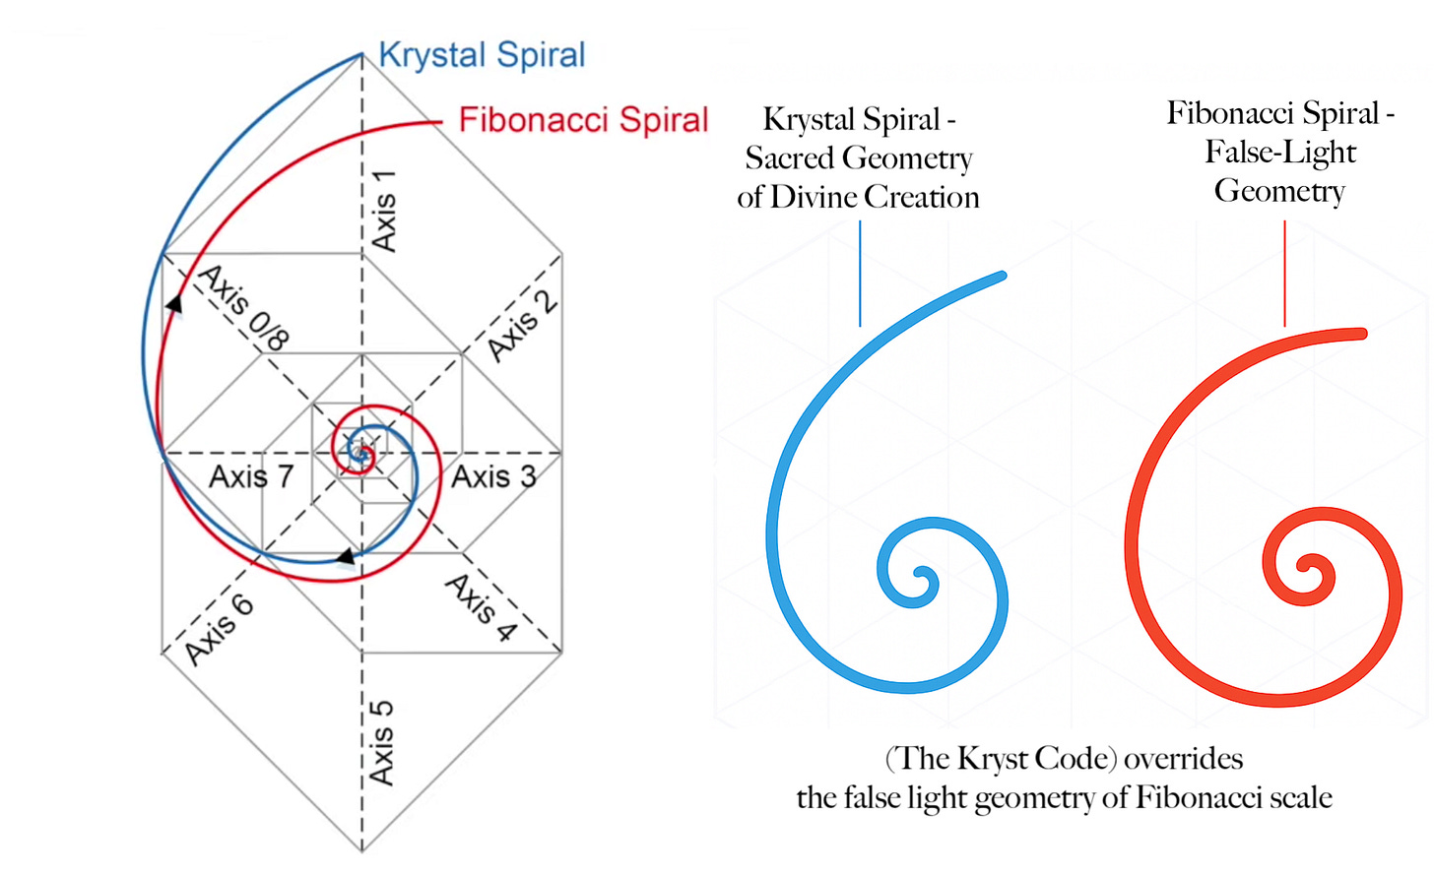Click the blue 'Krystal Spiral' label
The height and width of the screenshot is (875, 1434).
click(x=482, y=55)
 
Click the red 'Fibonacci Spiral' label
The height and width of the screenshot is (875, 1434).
click(x=583, y=120)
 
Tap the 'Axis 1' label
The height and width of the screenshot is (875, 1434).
click(x=383, y=210)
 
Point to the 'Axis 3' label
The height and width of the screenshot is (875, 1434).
click(x=493, y=476)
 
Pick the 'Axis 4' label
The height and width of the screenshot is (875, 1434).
click(x=481, y=607)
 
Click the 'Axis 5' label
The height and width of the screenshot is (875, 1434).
click(x=381, y=742)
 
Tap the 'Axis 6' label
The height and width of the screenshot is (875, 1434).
click(x=219, y=630)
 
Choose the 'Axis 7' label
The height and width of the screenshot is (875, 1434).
click(x=251, y=476)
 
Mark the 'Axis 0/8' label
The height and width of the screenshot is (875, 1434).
click(x=244, y=307)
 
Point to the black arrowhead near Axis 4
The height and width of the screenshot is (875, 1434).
click(x=346, y=558)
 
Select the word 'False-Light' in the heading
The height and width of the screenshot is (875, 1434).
click(x=1280, y=153)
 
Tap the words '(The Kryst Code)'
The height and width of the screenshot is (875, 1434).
click(x=1001, y=759)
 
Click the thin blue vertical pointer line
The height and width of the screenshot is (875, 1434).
click(x=860, y=273)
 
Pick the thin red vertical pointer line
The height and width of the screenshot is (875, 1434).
click(x=1284, y=273)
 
